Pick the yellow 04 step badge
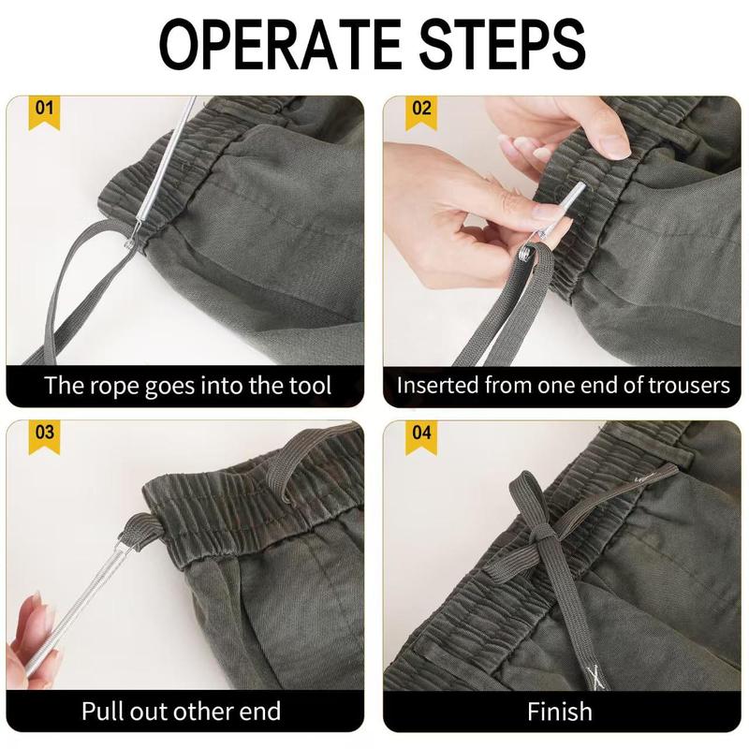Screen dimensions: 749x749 coord(423,436)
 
